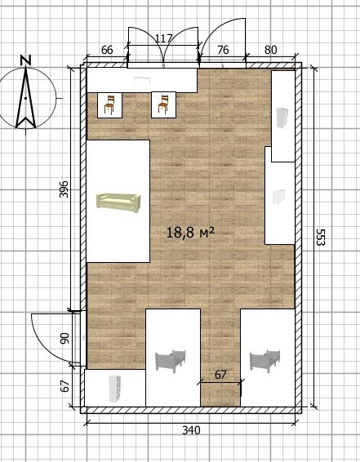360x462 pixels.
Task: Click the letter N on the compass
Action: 26,60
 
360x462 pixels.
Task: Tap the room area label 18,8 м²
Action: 190,233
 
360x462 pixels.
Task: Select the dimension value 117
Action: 163,38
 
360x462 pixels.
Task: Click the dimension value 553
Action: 320,237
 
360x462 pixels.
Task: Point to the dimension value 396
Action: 64,189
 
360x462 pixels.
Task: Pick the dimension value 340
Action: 191,430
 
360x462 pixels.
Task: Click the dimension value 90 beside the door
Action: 64,338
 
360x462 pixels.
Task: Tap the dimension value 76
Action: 223,50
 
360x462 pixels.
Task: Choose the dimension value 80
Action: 270,50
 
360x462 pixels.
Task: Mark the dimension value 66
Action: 107,50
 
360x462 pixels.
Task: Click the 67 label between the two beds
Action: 220,375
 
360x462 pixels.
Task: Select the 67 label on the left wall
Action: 64,386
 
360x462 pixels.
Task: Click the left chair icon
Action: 109,105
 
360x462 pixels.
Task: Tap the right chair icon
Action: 163,104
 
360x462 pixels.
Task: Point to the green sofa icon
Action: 118,203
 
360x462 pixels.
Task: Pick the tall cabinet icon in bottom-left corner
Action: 114,389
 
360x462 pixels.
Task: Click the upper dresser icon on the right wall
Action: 282,118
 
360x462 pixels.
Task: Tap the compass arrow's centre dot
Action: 26,98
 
